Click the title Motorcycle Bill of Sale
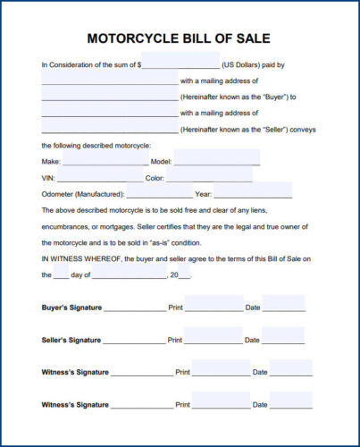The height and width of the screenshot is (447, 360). [179, 38]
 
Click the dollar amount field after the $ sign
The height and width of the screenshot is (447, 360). [180, 65]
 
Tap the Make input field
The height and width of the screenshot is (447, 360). [105, 162]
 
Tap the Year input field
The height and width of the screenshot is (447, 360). [253, 193]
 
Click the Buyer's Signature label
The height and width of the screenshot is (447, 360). [71, 308]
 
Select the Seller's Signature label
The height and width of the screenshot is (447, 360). [71, 340]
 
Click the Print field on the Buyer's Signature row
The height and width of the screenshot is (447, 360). [213, 306]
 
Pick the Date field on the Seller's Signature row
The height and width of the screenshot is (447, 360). [283, 338]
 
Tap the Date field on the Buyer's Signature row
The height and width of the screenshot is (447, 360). [283, 306]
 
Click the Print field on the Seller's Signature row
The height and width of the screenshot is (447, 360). [213, 338]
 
